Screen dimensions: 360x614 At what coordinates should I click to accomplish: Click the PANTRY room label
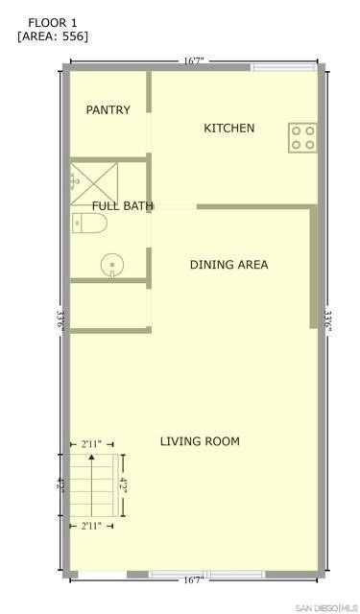tap(108, 110)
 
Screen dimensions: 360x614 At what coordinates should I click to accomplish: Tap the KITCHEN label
tap(229, 128)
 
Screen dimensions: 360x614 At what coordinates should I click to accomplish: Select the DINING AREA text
tap(229, 265)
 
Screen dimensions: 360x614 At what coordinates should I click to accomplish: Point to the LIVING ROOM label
tap(200, 441)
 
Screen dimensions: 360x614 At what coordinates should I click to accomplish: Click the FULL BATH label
tap(122, 206)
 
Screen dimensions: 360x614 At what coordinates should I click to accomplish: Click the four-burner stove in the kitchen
tap(302, 138)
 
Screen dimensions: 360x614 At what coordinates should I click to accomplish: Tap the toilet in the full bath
tap(89, 224)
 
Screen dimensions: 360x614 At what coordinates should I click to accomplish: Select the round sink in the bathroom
tap(112, 266)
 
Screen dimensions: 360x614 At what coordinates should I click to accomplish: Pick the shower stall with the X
tap(94, 184)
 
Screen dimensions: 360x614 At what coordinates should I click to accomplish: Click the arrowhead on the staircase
tap(91, 457)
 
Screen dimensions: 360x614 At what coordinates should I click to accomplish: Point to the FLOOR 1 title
tap(53, 23)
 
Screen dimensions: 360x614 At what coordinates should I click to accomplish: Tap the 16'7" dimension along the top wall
tap(194, 61)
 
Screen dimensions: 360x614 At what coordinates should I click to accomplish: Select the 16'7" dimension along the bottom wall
tap(194, 580)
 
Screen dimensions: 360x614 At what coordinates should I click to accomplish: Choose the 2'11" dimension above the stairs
tap(91, 444)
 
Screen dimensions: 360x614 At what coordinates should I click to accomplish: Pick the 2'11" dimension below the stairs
tap(91, 526)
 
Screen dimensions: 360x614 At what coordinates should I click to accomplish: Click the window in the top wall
tap(283, 67)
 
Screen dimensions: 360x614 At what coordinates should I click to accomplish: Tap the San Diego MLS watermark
tap(327, 608)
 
